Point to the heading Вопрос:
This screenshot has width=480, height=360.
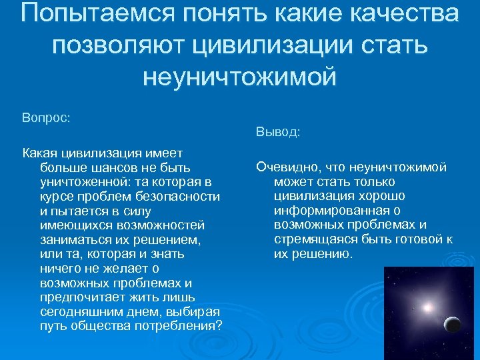click(x=47, y=117)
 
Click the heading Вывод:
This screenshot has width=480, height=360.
click(x=278, y=133)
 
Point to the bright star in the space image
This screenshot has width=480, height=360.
click(x=426, y=308)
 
